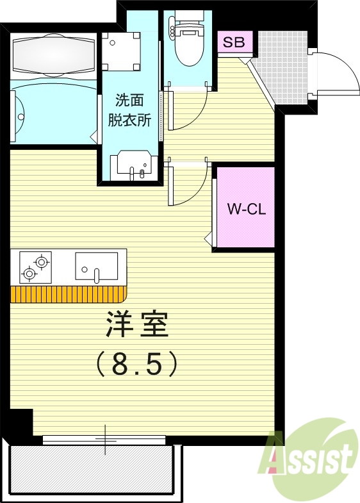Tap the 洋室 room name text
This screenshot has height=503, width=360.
[136, 326]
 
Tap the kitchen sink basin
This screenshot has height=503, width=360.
[96, 266]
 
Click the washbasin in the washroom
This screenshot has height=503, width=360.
[133, 166]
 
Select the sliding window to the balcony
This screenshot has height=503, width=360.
[104, 440]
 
